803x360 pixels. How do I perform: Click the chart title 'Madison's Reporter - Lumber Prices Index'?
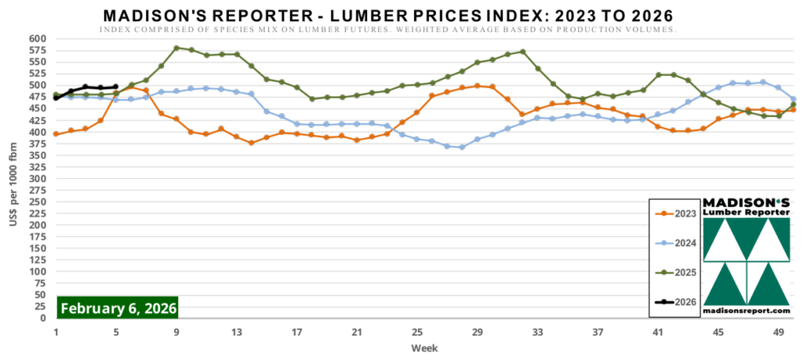pyautogui.click(x=388, y=16)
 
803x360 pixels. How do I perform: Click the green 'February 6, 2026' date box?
pyautogui.click(x=118, y=307)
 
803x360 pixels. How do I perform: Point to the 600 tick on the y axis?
pyautogui.click(x=38, y=38)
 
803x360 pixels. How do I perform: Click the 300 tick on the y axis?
pyautogui.click(x=38, y=179)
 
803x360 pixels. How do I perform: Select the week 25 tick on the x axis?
pyautogui.click(x=416, y=333)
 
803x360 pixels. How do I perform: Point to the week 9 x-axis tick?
pyautogui.click(x=176, y=333)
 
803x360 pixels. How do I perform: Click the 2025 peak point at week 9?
pyautogui.click(x=176, y=48)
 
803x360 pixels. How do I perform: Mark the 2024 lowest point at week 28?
pyautogui.click(x=462, y=147)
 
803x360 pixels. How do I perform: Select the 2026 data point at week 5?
pyautogui.click(x=116, y=87)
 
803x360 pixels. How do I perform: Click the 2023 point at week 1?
pyautogui.click(x=56, y=134)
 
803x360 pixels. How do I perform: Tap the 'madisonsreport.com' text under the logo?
pyautogui.click(x=747, y=311)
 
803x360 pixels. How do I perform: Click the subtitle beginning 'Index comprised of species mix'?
pyautogui.click(x=388, y=30)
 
